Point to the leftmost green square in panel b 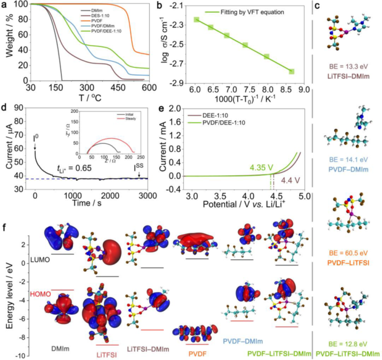[x=197, y=19]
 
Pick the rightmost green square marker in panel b [x=292, y=72]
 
